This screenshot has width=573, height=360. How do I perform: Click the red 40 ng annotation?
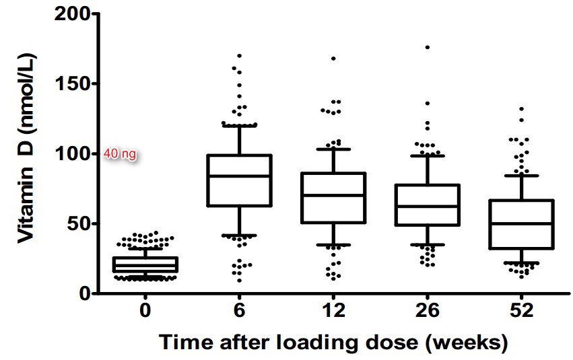121,154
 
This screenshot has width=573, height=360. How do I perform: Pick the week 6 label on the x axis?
240,311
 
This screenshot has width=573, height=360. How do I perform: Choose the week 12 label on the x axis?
334,311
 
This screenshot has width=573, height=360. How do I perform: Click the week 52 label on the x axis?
522,311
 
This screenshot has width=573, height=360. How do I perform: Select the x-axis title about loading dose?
333,342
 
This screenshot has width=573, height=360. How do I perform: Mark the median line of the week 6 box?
240,176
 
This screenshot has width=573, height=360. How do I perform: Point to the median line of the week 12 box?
334,195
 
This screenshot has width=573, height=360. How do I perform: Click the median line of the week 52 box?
522,223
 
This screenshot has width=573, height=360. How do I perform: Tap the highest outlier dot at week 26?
428,47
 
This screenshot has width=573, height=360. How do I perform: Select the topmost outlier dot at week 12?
333,59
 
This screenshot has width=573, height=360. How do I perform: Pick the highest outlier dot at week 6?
240,56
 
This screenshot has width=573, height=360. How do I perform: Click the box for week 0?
145,264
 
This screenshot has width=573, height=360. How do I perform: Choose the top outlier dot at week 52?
521,109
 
